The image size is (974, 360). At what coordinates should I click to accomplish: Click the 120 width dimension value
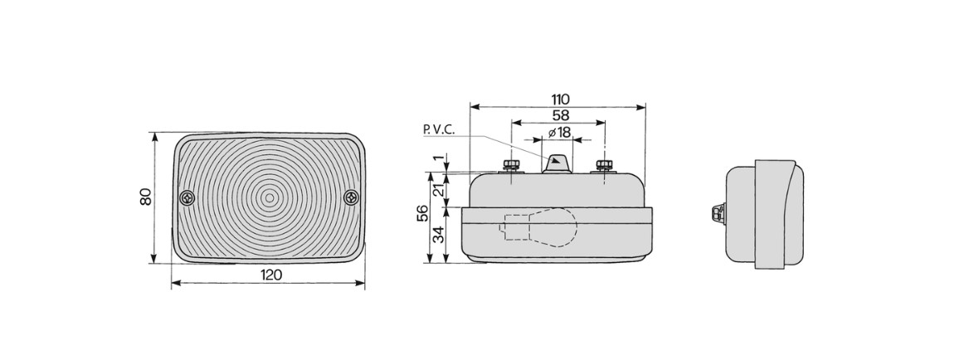coord(270,275)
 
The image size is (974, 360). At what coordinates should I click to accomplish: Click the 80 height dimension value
coord(145,197)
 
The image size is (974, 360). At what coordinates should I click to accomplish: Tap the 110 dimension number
coord(560,100)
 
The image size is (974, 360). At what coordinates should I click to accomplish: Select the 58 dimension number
coord(560,114)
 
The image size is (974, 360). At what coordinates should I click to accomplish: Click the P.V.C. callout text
coord(439,129)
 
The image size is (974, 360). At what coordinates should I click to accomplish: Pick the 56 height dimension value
coord(421,212)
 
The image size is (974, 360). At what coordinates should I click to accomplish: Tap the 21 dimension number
coord(439,190)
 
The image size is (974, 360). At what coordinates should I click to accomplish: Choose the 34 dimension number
coord(439,235)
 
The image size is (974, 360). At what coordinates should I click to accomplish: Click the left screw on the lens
coord(187,198)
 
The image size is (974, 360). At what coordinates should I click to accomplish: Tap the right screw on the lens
coord(352,198)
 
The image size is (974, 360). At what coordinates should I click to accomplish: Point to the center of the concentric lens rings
coord(270,198)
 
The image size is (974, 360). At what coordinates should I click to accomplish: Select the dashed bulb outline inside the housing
coord(539,228)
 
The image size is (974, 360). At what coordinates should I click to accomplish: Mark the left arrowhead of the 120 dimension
coord(177,284)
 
